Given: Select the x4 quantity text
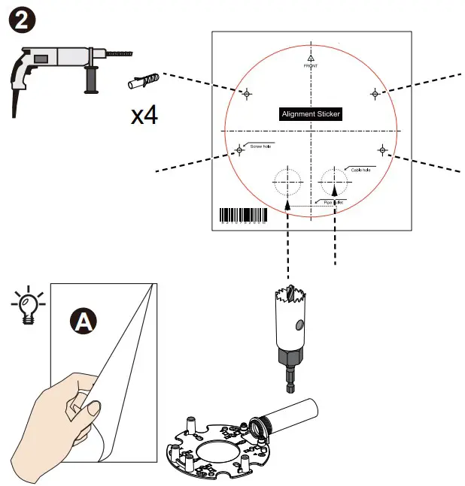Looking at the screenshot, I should point(144,115).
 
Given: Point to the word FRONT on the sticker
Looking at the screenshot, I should point(311,66).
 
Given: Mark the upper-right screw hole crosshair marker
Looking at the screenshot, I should point(375,92).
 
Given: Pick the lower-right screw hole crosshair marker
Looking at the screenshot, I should point(382,150).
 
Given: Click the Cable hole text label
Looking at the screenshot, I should point(360,170).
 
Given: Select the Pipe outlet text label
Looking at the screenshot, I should point(333,201).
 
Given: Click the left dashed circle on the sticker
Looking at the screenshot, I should point(287,181).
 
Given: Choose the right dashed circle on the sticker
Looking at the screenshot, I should point(334,180).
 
